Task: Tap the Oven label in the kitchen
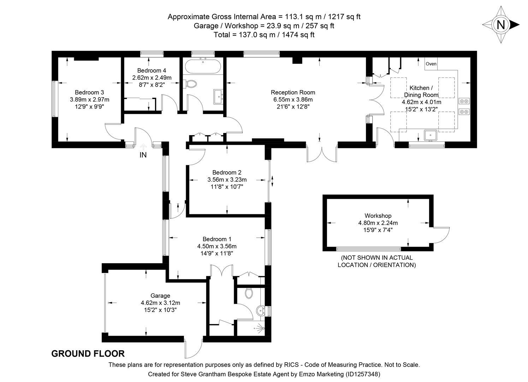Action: (431, 64)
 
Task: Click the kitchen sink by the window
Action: (431, 135)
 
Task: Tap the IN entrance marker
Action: (143, 155)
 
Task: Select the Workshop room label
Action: (378, 216)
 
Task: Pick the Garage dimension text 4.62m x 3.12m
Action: (160, 303)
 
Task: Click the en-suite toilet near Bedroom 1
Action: (249, 293)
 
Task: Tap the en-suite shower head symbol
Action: (260, 328)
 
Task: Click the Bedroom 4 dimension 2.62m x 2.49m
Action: (152, 77)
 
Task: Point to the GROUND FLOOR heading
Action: (88, 354)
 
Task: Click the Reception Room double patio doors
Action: (322, 154)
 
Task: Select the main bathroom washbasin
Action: (218, 96)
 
